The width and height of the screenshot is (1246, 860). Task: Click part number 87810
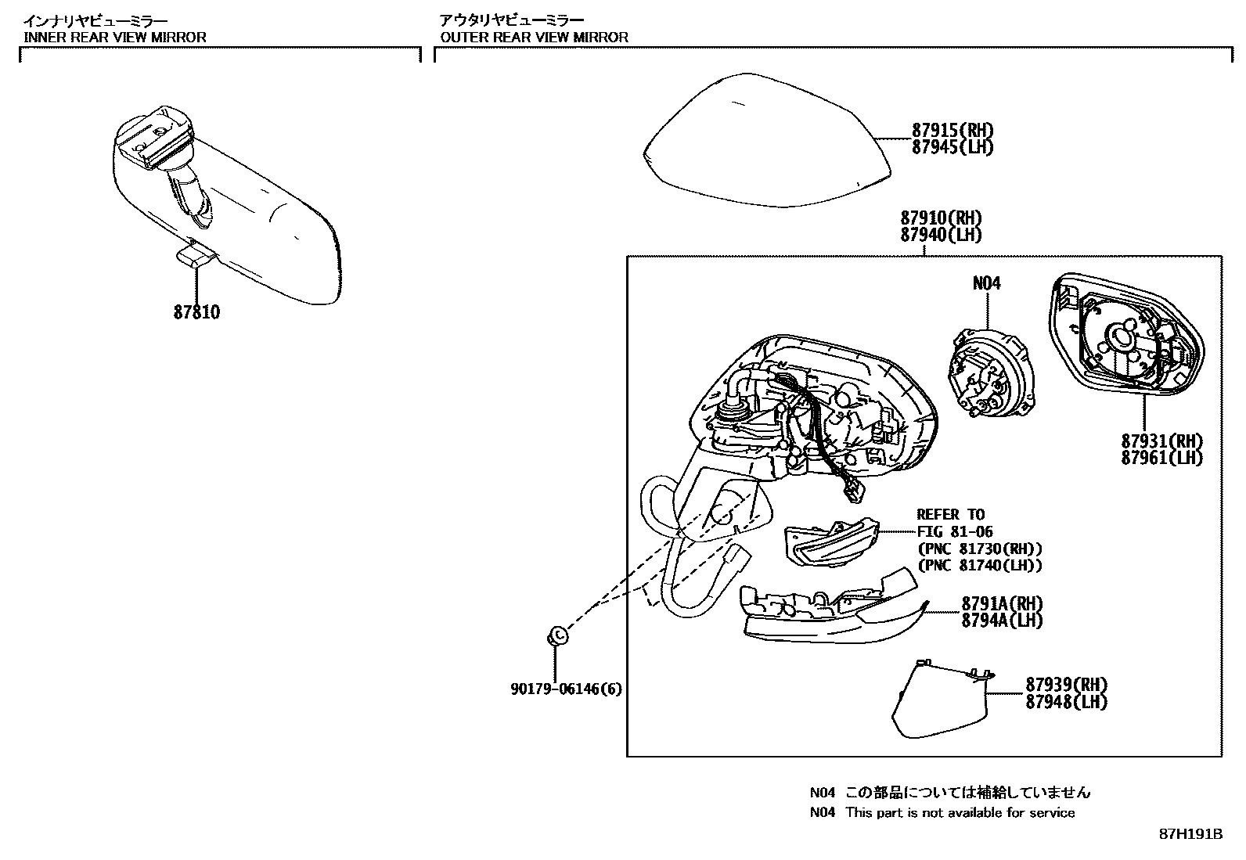[196, 312]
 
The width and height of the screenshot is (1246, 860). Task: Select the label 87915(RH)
[952, 130]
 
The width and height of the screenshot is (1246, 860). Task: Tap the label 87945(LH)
[952, 147]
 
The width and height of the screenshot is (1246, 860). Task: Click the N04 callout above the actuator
[986, 284]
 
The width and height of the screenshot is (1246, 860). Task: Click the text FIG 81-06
[954, 532]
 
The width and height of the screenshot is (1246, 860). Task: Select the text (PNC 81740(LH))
[979, 566]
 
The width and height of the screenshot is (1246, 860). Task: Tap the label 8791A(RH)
[1002, 603]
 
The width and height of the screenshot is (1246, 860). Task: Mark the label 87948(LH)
[1067, 702]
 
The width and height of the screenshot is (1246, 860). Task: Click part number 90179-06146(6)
[566, 689]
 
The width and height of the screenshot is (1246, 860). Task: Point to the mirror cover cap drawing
[763, 137]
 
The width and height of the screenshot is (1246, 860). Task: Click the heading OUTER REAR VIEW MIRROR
[534, 37]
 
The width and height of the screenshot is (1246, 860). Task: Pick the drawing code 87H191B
[1190, 834]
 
